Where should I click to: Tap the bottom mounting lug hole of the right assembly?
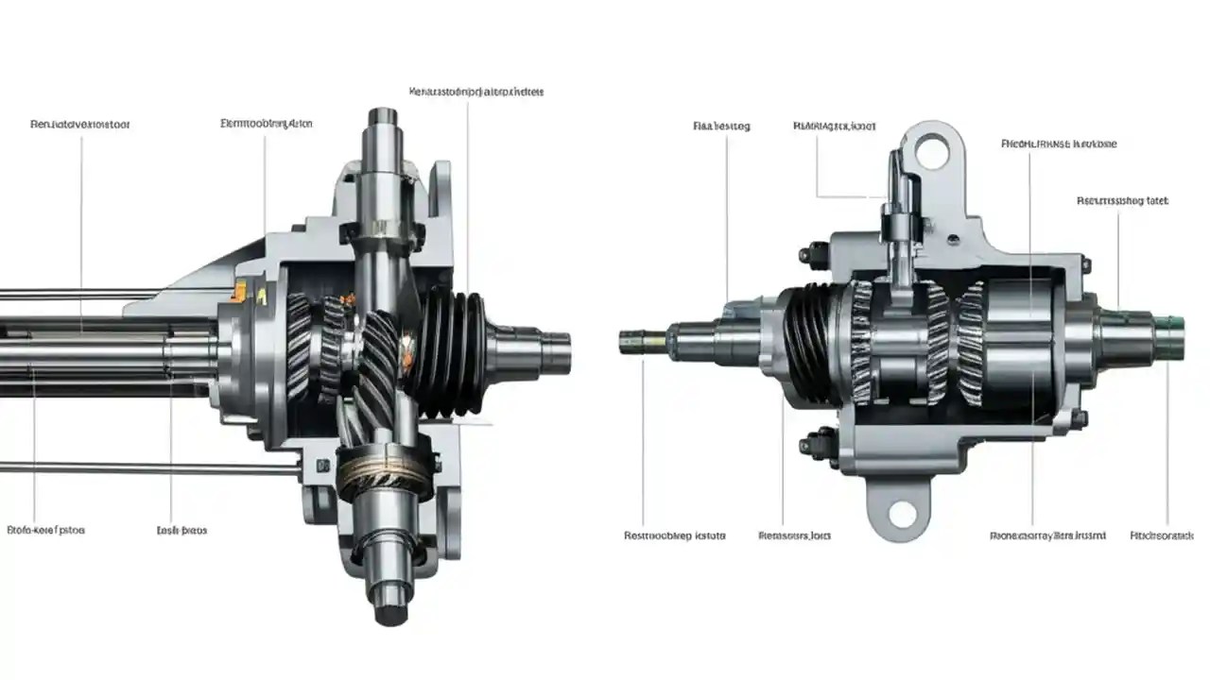(903, 515)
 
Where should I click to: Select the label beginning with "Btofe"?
(46, 531)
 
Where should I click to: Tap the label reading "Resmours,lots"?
(795, 535)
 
